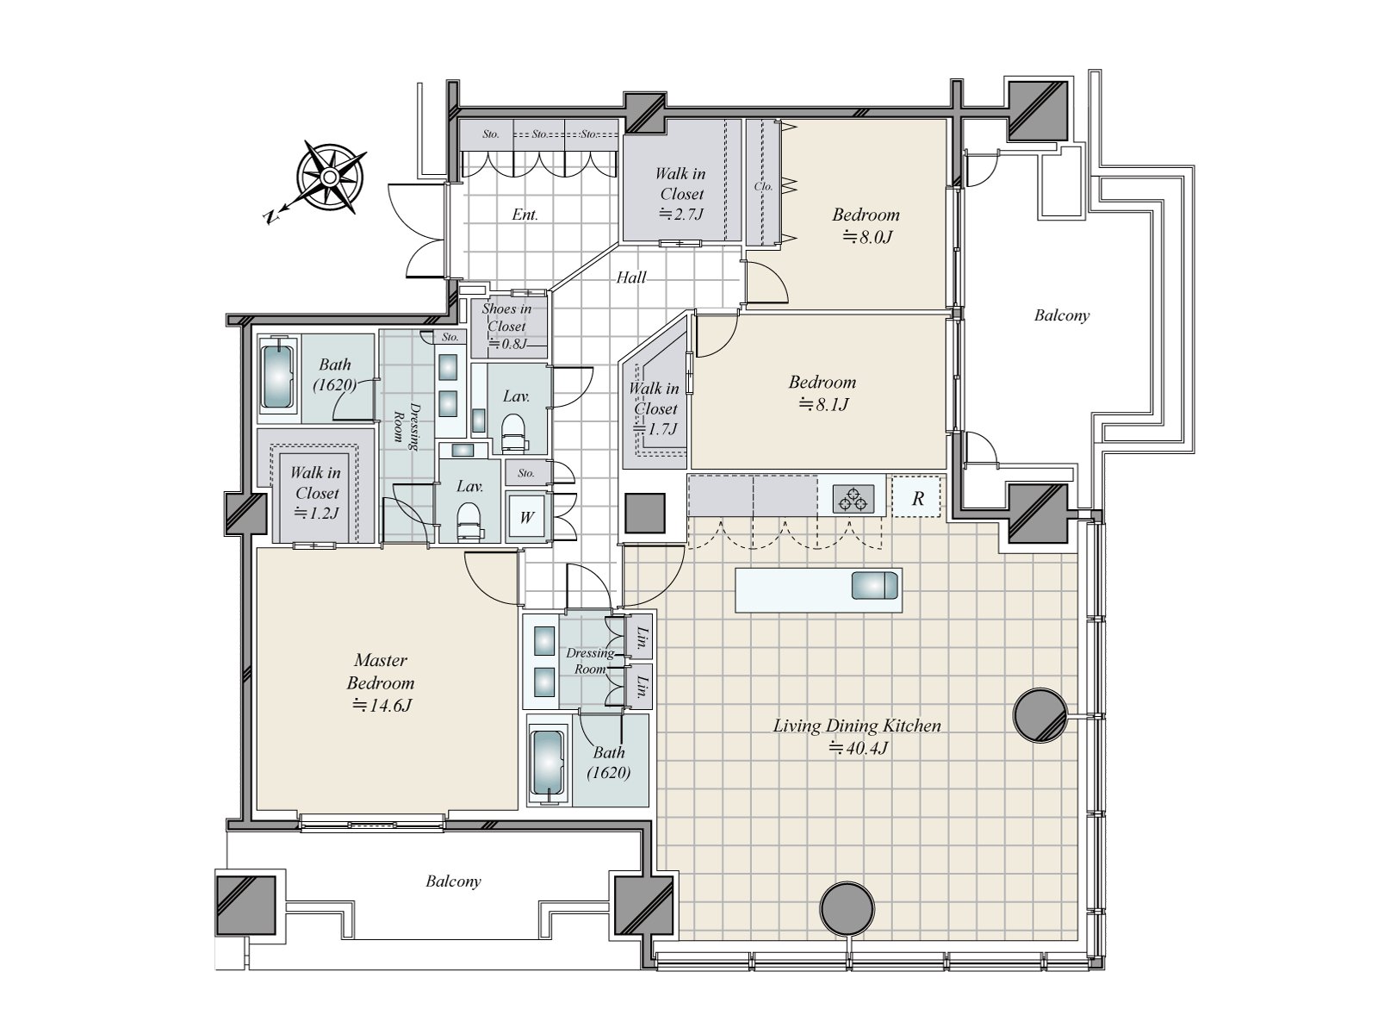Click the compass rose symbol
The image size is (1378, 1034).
click(330, 178)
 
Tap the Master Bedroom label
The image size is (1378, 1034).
click(381, 682)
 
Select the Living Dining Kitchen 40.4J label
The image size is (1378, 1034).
click(856, 736)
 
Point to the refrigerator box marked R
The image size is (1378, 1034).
click(917, 498)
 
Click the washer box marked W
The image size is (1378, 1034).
click(526, 517)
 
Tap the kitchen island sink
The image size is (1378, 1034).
click(874, 586)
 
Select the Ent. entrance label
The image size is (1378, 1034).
click(525, 215)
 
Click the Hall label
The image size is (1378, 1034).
click(631, 277)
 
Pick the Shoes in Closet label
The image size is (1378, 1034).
click(506, 325)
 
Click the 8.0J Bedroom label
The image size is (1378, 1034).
click(865, 224)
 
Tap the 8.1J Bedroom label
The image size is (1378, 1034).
click(822, 392)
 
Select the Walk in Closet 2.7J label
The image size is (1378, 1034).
click(681, 194)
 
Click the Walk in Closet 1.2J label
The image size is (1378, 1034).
click(316, 492)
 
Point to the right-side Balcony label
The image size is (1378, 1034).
click(1061, 315)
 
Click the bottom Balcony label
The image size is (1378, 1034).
click(453, 881)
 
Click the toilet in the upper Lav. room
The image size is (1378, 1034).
click(513, 430)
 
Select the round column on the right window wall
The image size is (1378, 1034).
click(1039, 714)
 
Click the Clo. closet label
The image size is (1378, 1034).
click(763, 186)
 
